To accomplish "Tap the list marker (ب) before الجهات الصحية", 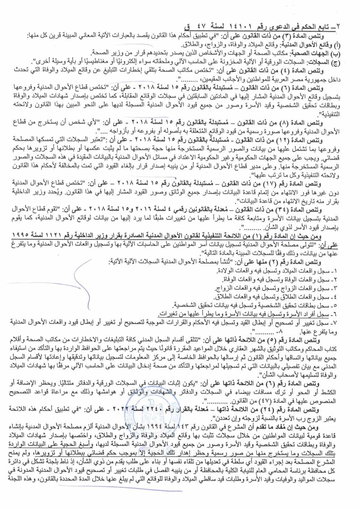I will point(336,53).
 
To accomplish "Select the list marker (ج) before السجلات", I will point(336,62).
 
